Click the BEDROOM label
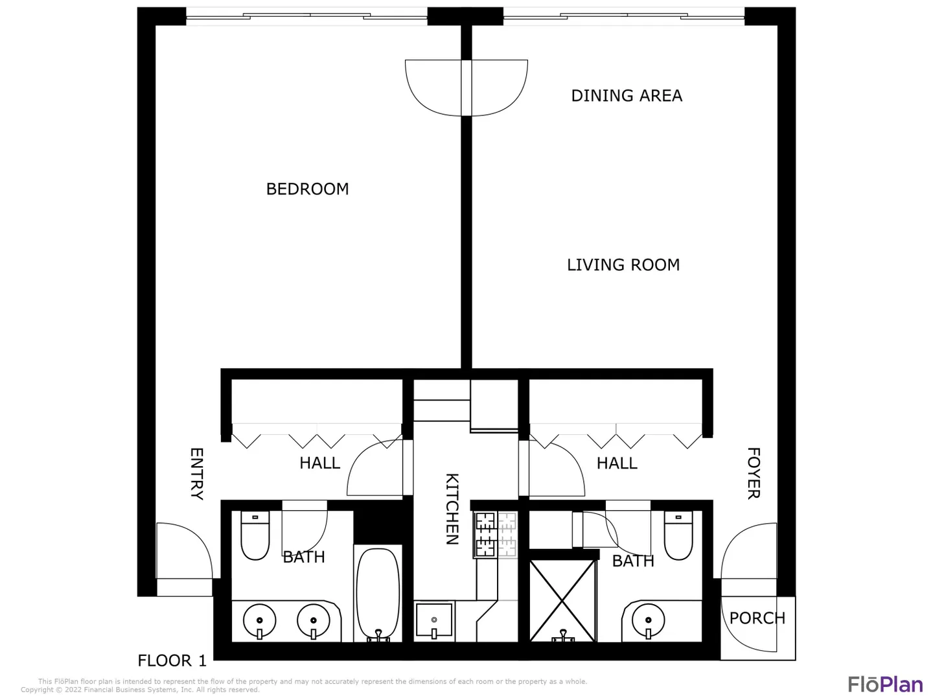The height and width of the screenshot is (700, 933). click(x=307, y=189)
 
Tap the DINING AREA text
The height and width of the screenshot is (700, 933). click(x=627, y=96)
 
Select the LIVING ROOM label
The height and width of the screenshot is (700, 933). click(x=623, y=265)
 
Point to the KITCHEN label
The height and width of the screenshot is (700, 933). click(x=452, y=509)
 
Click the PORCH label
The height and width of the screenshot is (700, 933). click(x=757, y=618)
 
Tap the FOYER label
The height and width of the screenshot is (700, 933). click(x=754, y=473)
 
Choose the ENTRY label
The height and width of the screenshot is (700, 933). click(x=196, y=474)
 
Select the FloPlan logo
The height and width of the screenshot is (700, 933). click(x=886, y=684)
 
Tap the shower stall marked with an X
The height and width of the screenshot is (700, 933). click(x=562, y=601)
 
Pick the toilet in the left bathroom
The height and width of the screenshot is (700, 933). click(x=255, y=535)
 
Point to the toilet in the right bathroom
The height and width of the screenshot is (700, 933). click(x=678, y=535)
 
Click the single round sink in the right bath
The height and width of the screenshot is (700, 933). click(x=648, y=620)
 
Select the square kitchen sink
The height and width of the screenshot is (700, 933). click(x=434, y=620)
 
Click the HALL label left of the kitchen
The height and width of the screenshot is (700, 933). click(x=319, y=463)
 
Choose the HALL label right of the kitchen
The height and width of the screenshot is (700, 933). click(x=617, y=463)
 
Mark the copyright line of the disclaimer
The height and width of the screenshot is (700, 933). click(x=140, y=690)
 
